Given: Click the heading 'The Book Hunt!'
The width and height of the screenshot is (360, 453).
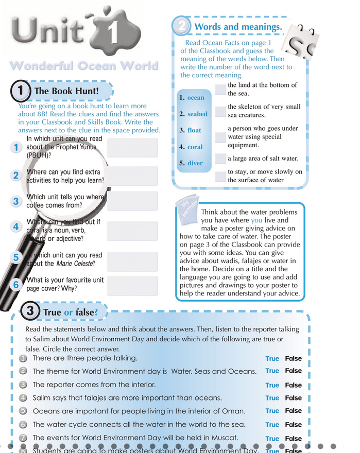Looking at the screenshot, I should coord(66,92).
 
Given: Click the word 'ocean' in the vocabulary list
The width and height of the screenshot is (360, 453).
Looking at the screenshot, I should coord(196,98).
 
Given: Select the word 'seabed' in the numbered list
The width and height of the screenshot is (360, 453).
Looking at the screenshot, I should coord(197,114).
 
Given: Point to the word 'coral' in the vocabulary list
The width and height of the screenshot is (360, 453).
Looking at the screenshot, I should coord(195,147).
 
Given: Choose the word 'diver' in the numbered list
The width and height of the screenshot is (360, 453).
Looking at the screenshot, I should coord(195,163).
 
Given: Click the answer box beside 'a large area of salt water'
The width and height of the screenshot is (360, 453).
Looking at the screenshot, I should coord(220,159).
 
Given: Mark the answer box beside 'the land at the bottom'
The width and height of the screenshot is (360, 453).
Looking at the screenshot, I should coord(220,90).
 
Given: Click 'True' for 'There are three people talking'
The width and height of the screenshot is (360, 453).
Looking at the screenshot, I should coord(272,359).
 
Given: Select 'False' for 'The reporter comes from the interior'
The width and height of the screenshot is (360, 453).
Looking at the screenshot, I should coord(294,385).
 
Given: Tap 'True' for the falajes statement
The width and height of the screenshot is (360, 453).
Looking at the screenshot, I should coord(272,398).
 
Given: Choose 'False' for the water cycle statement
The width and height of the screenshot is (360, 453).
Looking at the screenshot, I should coord(294,425).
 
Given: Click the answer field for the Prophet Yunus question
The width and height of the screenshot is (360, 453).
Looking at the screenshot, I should coord(133,147).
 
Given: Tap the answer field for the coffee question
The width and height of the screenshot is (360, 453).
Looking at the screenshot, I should coord(133,201).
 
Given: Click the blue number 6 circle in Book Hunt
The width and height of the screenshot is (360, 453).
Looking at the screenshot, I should coord(16,285).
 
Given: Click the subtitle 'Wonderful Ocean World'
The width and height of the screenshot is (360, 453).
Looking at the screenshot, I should coord(83,66).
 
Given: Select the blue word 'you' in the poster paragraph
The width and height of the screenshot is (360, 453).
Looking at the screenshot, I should coord(256,220).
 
